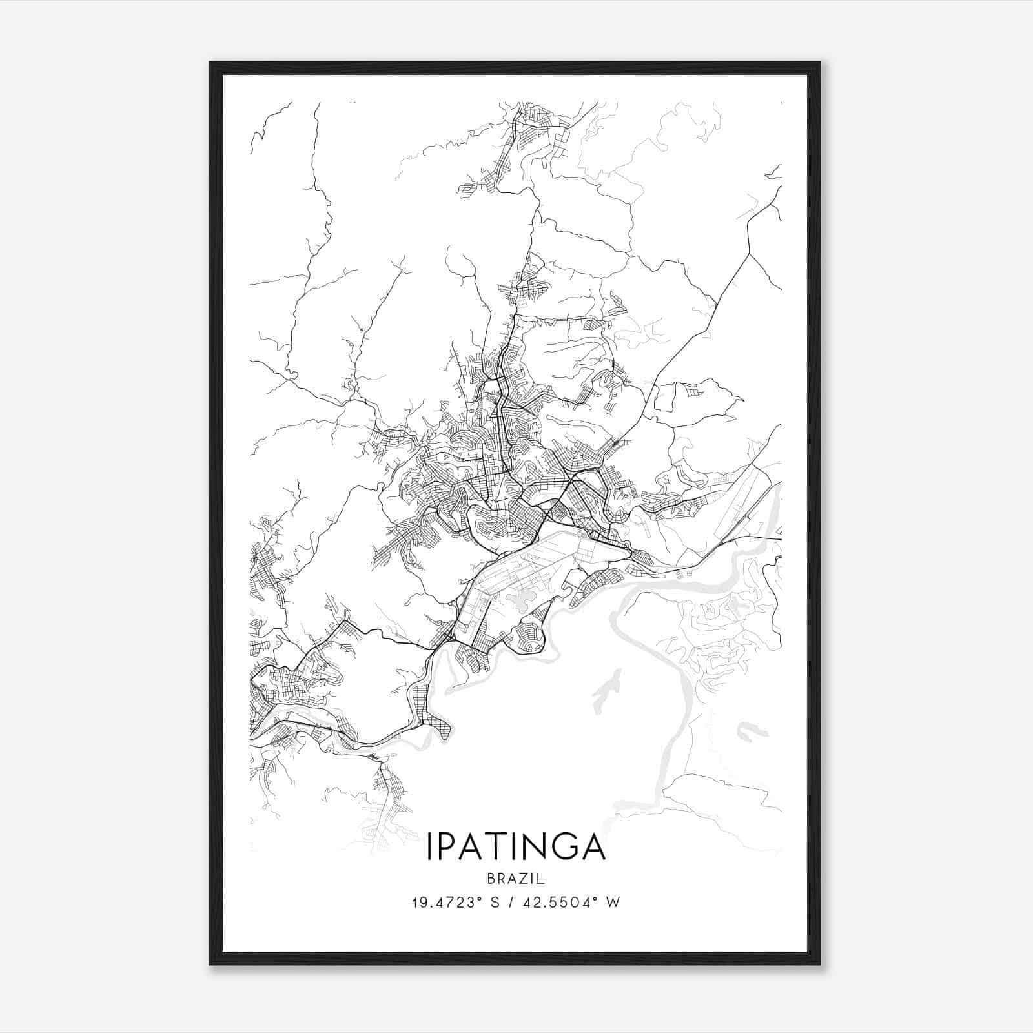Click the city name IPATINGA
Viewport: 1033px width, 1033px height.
[x=516, y=847]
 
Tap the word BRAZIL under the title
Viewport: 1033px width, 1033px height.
[x=516, y=879]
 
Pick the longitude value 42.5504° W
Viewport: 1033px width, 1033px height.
[x=578, y=902]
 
